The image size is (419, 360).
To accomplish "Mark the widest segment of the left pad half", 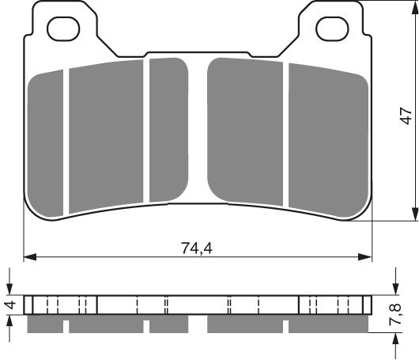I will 108,136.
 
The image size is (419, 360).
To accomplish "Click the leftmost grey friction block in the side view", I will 46,325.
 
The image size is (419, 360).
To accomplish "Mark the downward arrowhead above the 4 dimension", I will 9,290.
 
